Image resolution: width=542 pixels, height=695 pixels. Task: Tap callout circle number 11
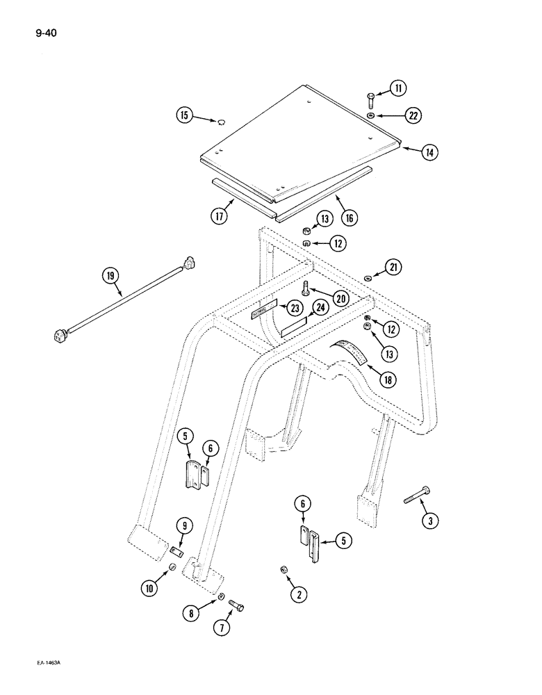click(398, 88)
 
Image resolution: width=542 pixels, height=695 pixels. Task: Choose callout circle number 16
click(348, 218)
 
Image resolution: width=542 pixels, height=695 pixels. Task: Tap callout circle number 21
click(393, 268)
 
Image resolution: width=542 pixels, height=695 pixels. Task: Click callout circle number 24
click(320, 306)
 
